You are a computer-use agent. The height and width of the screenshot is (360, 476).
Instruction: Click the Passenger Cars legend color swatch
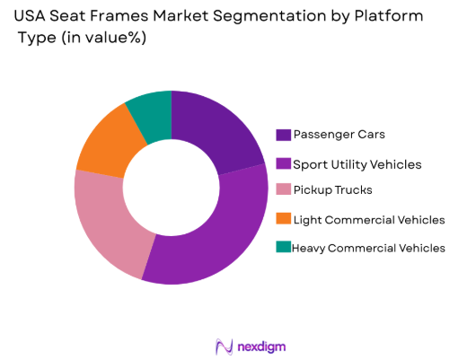click(x=283, y=136)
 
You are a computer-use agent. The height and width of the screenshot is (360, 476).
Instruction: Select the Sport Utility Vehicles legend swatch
click(x=283, y=163)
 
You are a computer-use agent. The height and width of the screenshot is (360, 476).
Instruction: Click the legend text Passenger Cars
click(x=339, y=136)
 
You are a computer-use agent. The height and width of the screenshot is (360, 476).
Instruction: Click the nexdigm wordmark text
click(x=260, y=346)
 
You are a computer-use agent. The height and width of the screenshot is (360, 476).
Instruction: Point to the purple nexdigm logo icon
click(x=223, y=346)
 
